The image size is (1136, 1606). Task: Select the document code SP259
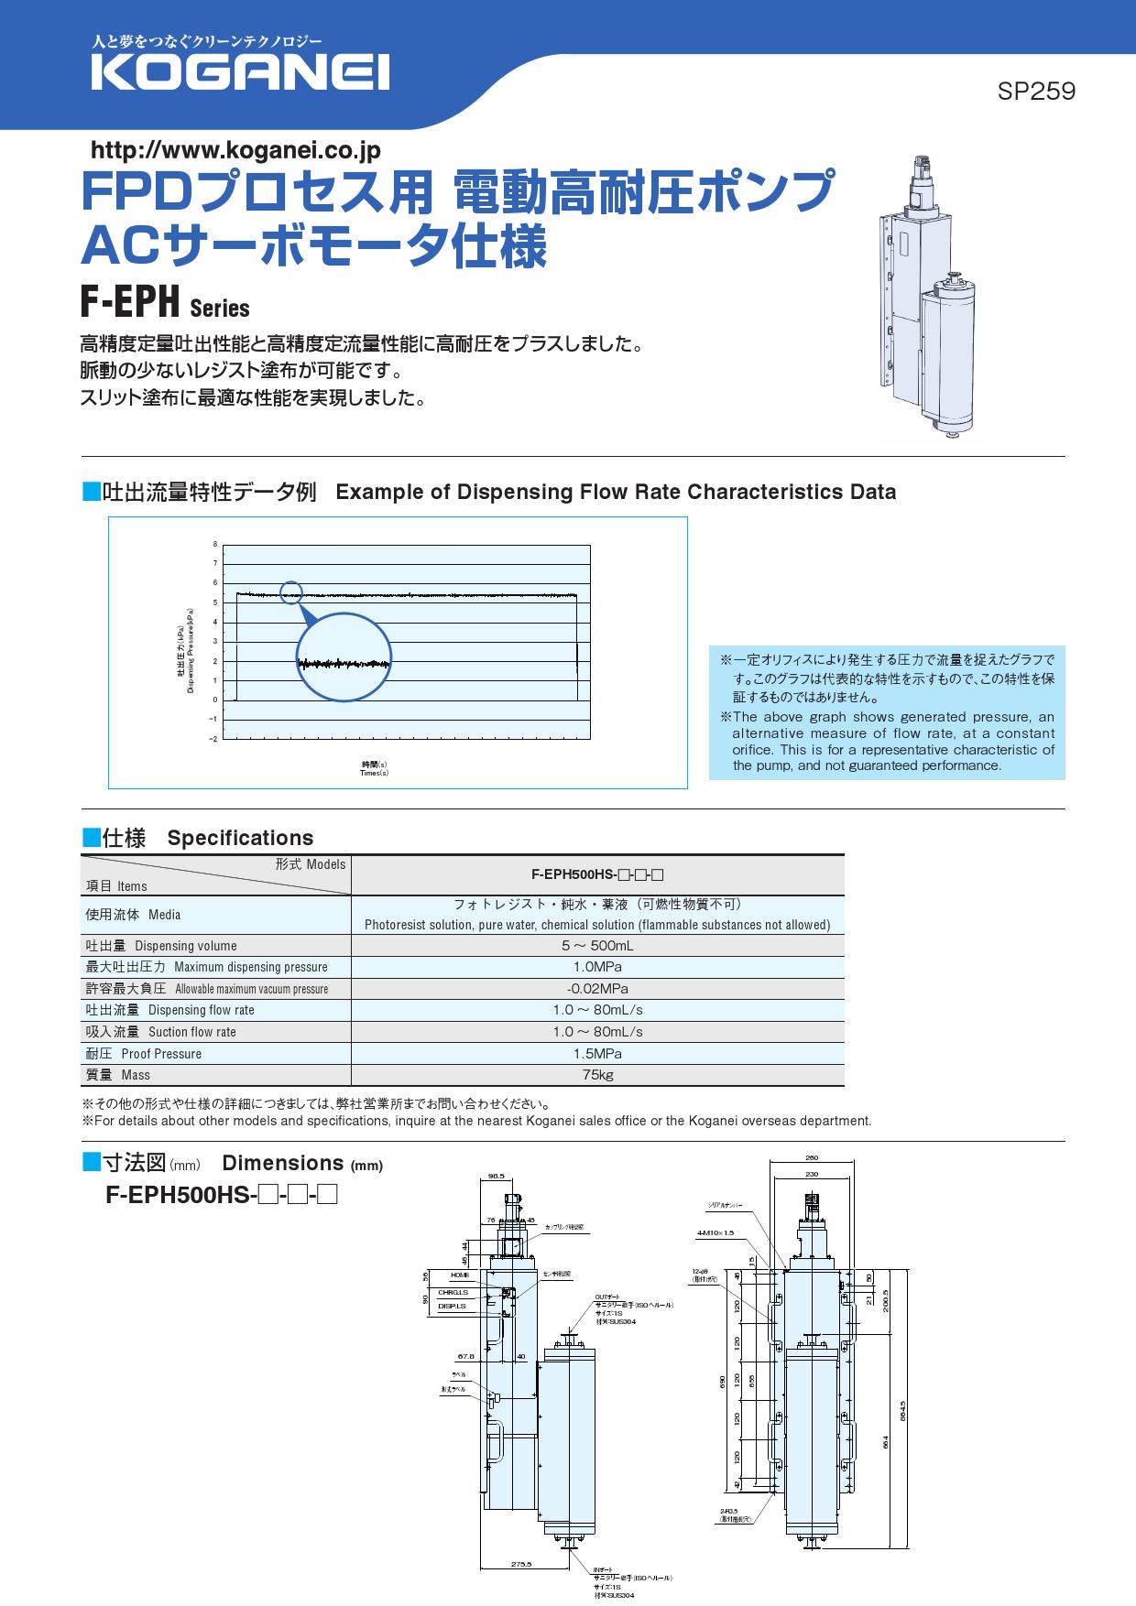click(x=1036, y=92)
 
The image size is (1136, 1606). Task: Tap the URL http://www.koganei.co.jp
click(x=235, y=149)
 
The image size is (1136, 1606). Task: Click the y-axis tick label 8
click(x=215, y=544)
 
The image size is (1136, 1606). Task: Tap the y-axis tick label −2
click(x=213, y=739)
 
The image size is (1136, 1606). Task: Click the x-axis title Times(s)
click(x=374, y=773)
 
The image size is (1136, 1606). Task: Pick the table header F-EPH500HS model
click(x=597, y=874)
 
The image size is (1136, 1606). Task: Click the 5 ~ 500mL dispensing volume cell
click(x=597, y=946)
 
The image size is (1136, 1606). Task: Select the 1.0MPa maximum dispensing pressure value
click(x=597, y=967)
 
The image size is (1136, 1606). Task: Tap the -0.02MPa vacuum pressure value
click(x=597, y=989)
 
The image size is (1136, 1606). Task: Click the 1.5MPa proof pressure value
click(x=597, y=1054)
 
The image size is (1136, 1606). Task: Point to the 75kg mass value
click(x=597, y=1075)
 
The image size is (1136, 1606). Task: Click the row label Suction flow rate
click(x=191, y=1032)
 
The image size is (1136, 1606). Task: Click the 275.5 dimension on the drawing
click(x=521, y=1565)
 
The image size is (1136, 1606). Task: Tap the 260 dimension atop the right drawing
click(x=811, y=1158)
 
